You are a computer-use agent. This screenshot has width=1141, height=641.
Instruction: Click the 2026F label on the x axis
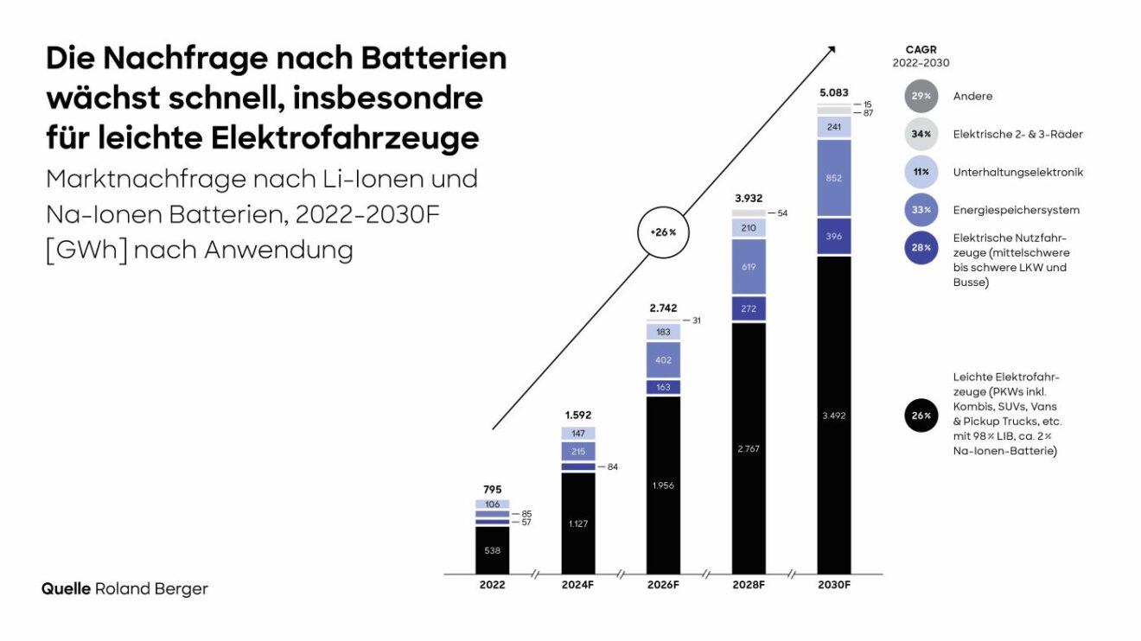[x=664, y=585]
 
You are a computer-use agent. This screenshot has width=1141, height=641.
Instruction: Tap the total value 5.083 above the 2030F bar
[x=835, y=92]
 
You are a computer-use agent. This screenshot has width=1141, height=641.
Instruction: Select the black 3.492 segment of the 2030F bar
[x=835, y=416]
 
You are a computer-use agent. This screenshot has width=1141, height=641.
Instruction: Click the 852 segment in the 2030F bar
[x=835, y=178]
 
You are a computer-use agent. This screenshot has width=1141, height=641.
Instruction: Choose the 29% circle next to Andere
[x=921, y=96]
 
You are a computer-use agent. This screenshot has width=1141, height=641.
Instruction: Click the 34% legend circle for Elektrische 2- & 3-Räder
[x=921, y=134]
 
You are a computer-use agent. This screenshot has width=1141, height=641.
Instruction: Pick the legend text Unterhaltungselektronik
[x=1017, y=172]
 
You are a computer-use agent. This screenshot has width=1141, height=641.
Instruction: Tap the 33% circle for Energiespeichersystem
[x=921, y=210]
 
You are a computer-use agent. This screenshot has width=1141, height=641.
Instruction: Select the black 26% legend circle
[x=921, y=416]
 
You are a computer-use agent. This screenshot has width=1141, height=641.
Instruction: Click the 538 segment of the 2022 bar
[x=493, y=549]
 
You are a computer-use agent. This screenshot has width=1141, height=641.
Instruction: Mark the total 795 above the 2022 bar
[x=493, y=489]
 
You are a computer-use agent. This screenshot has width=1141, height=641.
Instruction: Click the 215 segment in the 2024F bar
[x=578, y=451]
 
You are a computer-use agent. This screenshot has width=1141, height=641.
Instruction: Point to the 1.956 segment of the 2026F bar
[x=664, y=485]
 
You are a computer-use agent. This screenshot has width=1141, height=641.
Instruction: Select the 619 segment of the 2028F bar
[x=749, y=267]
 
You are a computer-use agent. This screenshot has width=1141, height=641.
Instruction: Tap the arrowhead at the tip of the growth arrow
[x=832, y=48]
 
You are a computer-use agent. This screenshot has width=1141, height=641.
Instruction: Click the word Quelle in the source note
[x=67, y=589]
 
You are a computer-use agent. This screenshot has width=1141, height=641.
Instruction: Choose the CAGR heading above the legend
[x=921, y=50]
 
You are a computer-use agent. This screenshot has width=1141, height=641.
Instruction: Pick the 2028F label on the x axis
[x=749, y=585]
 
